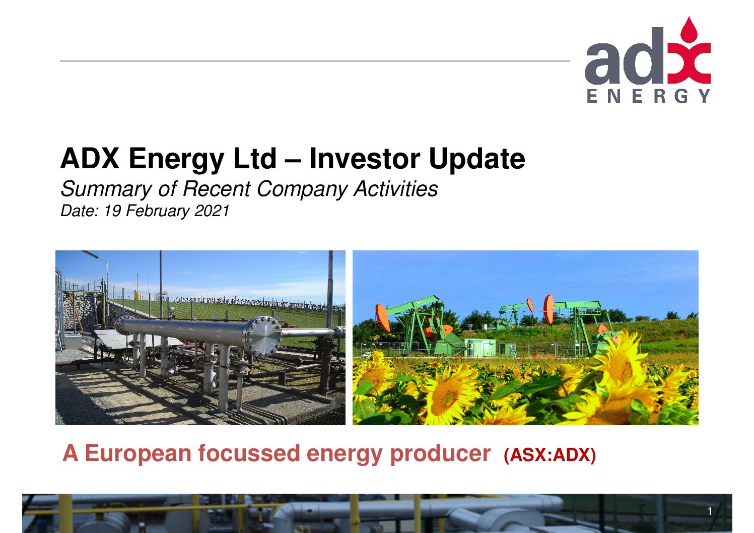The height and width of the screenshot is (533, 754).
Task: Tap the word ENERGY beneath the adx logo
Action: coord(649,96)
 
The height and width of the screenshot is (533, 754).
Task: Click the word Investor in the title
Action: coord(365,159)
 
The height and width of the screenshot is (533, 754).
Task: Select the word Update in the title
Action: coord(477,159)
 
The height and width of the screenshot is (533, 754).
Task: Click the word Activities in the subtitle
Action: coord(396,188)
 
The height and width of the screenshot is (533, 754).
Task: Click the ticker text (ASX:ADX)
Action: coord(550,455)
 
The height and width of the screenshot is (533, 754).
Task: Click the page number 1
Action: coord(710,511)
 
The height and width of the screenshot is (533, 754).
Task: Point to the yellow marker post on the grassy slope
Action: coord(138,296)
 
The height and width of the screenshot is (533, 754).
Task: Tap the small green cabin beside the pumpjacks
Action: coord(480,347)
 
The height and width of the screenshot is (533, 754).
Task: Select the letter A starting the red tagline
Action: coord(71,453)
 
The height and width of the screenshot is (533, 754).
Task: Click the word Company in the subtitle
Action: coord(302,189)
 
